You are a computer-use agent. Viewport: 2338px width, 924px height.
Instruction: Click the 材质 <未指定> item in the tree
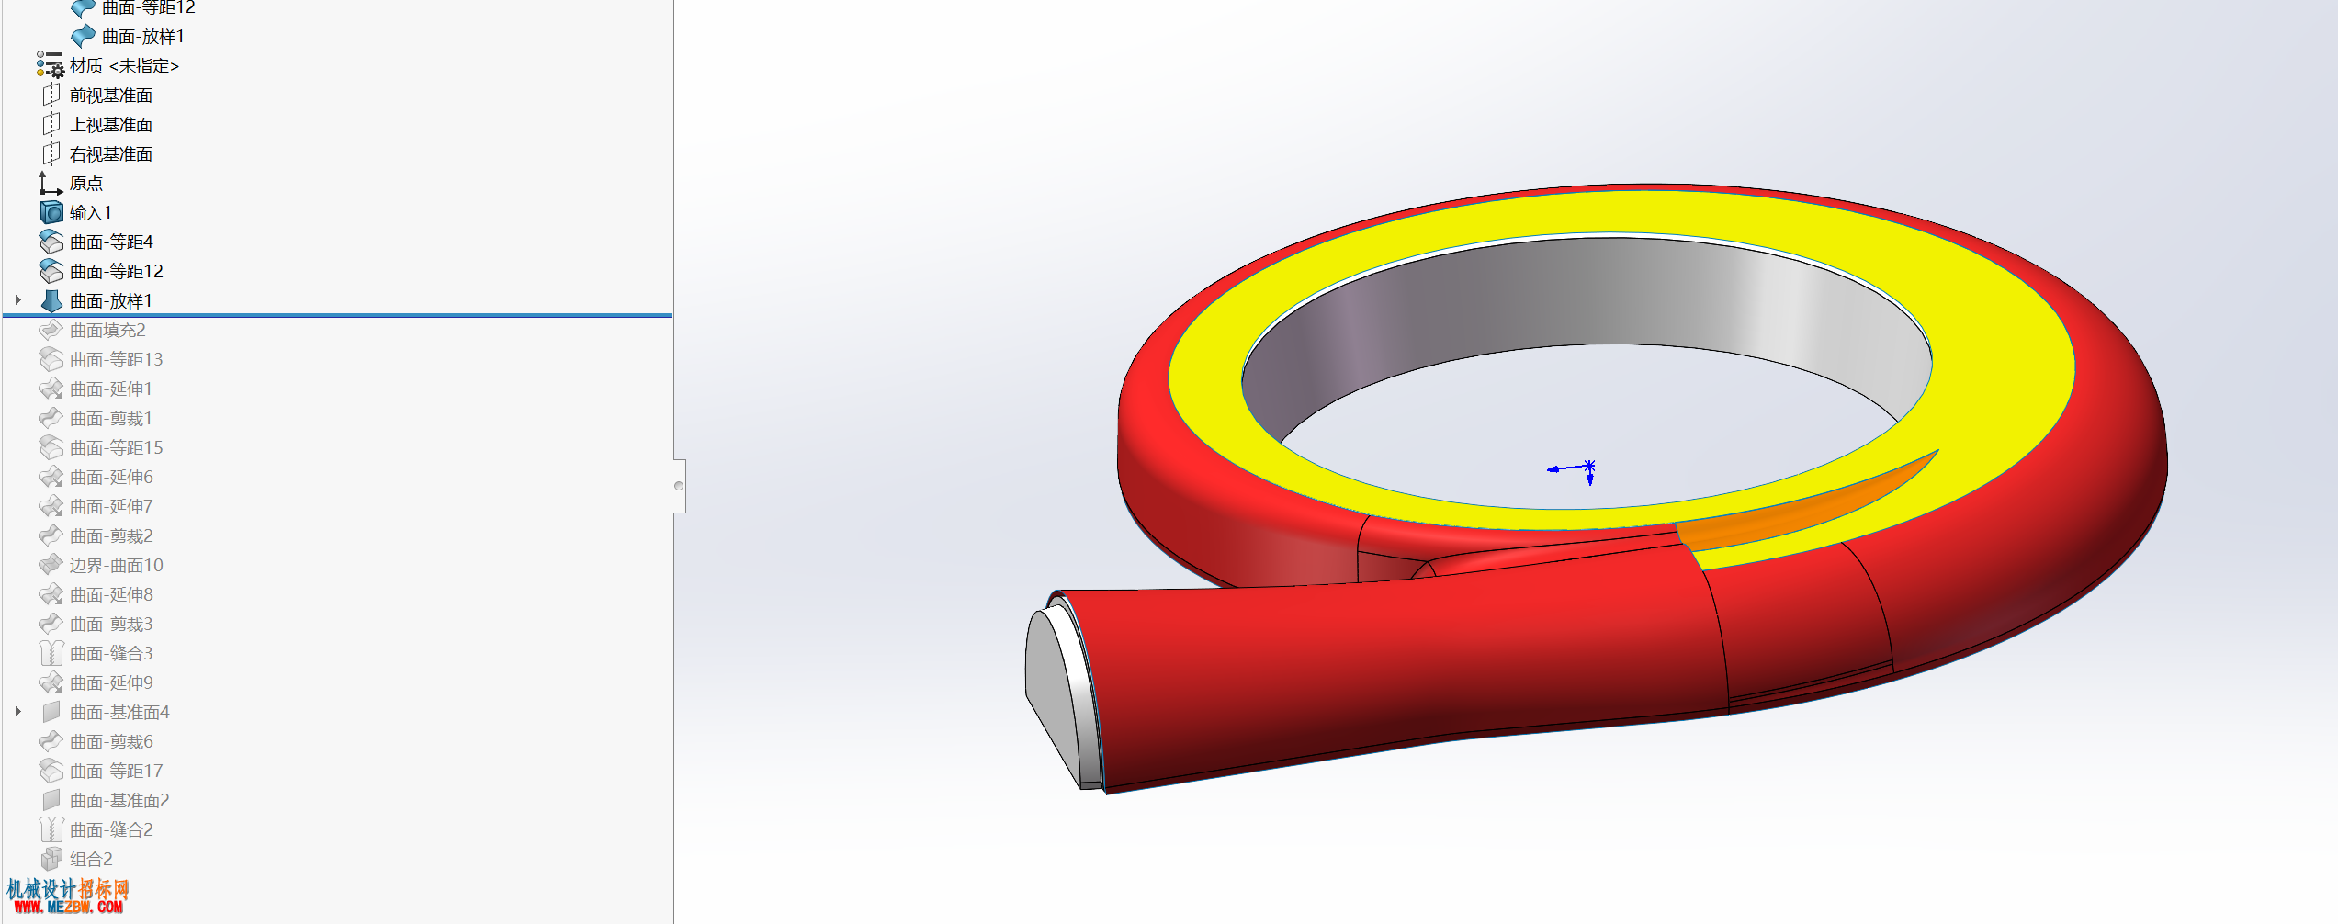click(x=124, y=66)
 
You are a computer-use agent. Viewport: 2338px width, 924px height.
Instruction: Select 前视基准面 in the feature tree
click(x=111, y=96)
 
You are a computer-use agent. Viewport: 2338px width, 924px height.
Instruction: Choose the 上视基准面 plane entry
click(x=111, y=125)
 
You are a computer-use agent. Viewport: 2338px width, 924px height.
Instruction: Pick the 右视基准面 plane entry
click(x=111, y=154)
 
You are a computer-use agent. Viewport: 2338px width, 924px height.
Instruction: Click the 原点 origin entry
click(x=86, y=184)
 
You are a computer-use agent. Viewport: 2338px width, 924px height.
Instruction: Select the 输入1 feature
click(x=91, y=213)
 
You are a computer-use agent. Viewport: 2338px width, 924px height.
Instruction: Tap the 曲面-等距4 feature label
click(x=111, y=242)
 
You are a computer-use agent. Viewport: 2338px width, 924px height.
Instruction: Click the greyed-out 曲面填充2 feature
click(x=107, y=331)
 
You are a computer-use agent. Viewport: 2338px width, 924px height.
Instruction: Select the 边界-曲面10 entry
click(x=117, y=566)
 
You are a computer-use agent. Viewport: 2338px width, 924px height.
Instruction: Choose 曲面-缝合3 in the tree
click(x=111, y=654)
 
